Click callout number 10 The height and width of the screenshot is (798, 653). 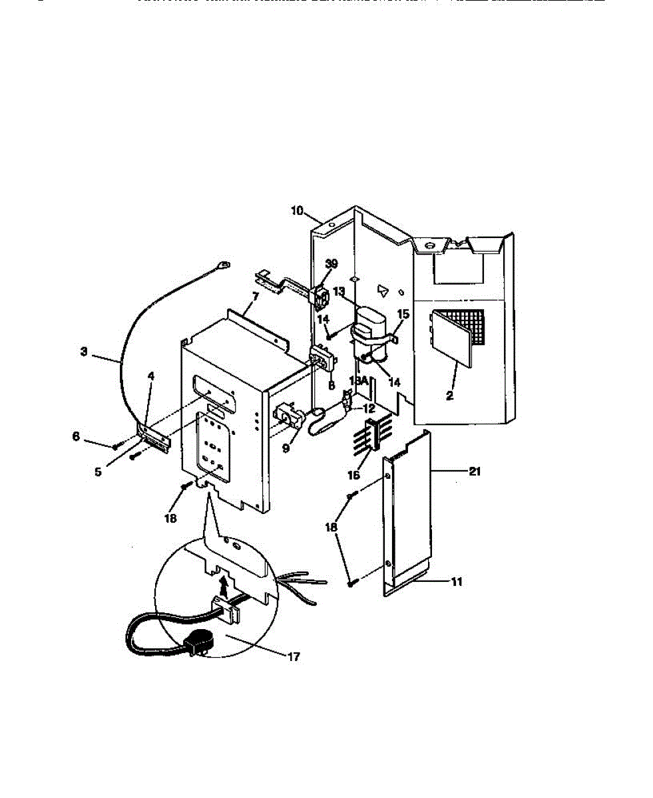(x=297, y=211)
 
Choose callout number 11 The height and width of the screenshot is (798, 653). (x=456, y=582)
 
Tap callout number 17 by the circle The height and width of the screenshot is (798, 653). (x=294, y=656)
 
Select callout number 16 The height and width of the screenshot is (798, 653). (x=354, y=475)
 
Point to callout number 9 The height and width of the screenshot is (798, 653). (x=286, y=448)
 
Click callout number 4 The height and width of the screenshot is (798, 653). (x=151, y=376)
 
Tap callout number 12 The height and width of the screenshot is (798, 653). (x=369, y=408)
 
